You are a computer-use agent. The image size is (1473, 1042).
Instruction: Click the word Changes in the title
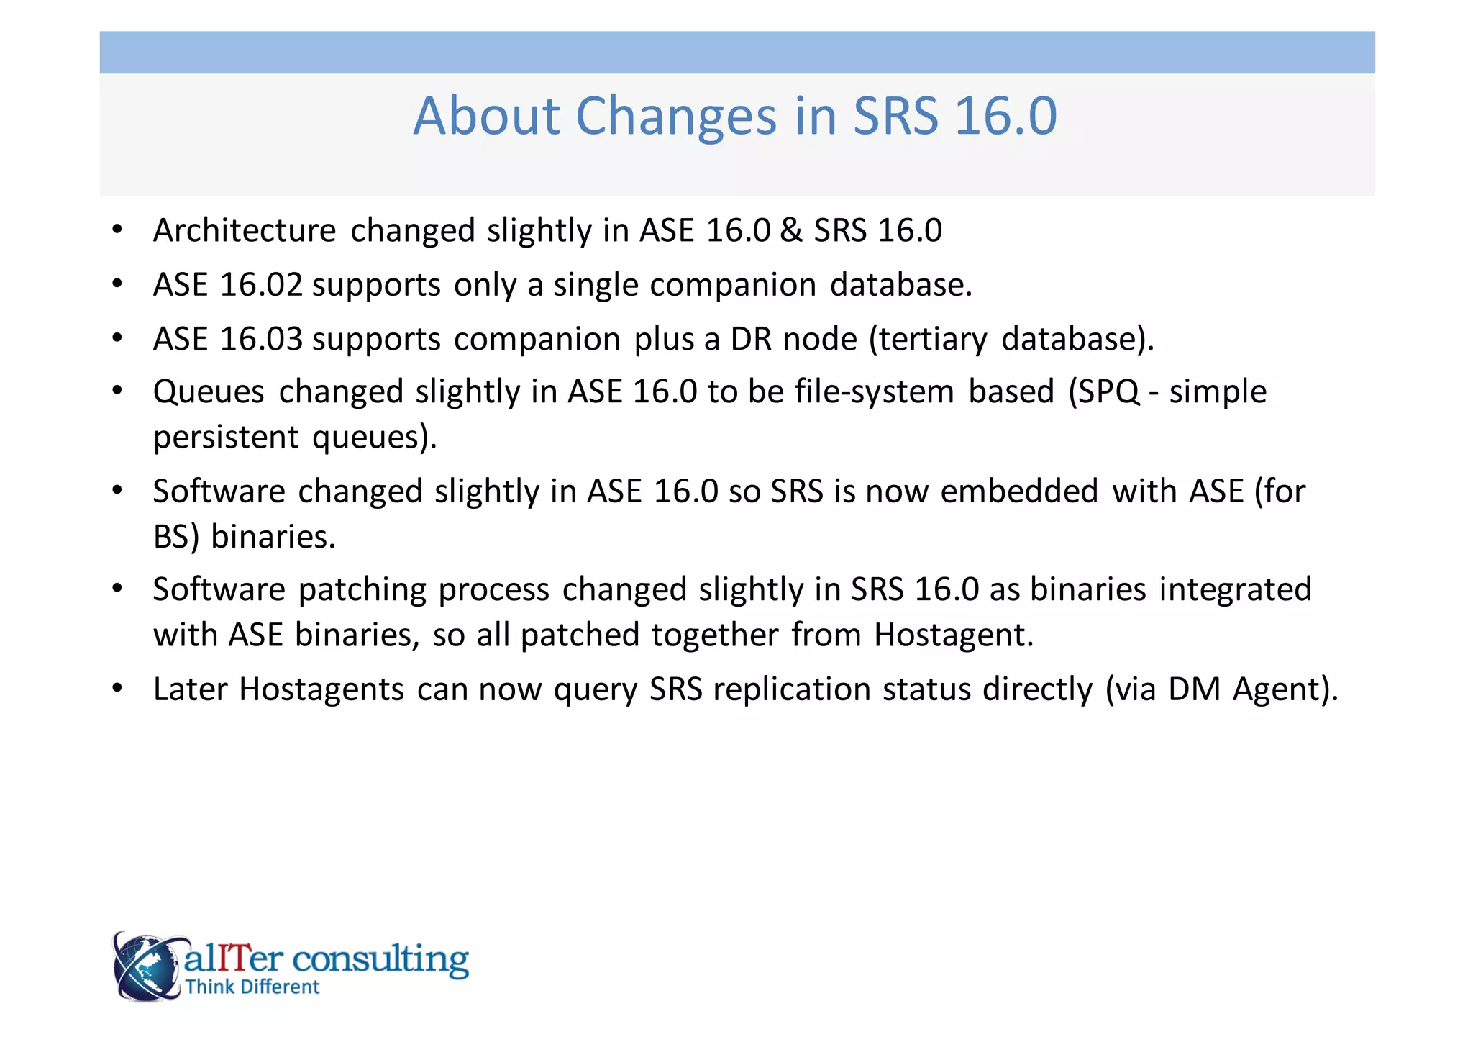(676, 117)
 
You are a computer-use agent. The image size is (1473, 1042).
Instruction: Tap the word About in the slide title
(486, 117)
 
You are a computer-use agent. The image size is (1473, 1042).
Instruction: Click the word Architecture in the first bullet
(245, 232)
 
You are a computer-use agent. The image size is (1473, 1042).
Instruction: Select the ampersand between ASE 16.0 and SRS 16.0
(791, 231)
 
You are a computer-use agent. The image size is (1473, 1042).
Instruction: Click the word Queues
(209, 393)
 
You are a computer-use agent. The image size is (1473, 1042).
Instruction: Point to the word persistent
(226, 438)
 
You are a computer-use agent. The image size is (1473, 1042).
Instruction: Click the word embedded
(1019, 492)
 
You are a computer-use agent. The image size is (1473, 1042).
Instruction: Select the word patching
(362, 590)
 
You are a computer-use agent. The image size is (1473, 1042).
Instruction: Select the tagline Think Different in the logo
(252, 987)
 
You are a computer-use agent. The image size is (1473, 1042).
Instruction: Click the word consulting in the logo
(380, 959)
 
